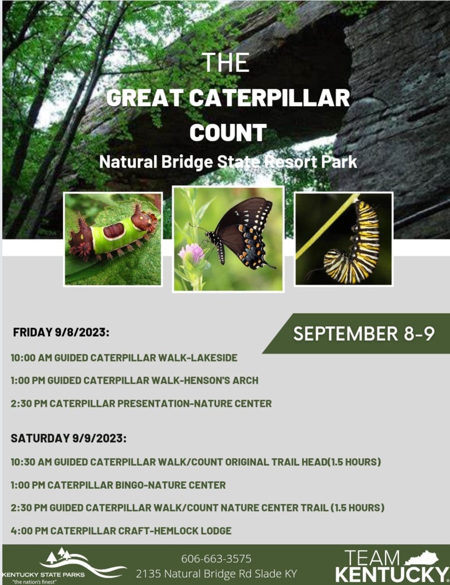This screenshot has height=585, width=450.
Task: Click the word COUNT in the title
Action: (228, 132)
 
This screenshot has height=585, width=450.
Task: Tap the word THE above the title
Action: (225, 62)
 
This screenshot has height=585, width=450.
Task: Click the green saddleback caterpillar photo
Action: (113, 239)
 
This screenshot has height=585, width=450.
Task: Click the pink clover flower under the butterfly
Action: (191, 252)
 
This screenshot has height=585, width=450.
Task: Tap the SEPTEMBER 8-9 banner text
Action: (364, 334)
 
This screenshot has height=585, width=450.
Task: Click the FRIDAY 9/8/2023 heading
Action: (61, 332)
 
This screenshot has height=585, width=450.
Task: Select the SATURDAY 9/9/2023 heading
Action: (69, 438)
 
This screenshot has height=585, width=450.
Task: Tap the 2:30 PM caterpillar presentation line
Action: (141, 404)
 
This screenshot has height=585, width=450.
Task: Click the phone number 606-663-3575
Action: (216, 559)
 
